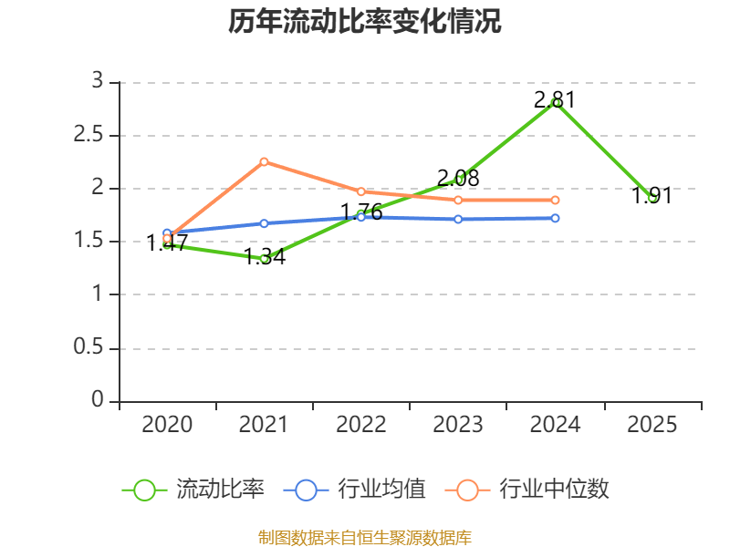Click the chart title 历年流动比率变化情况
click(365, 22)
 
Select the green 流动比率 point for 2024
click(555, 103)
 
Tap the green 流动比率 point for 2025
click(652, 198)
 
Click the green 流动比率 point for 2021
click(264, 259)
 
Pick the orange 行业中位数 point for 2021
click(264, 161)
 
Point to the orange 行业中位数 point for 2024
click(555, 200)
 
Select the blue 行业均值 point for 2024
click(555, 218)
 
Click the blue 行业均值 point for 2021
click(264, 223)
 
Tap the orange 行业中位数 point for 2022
click(360, 191)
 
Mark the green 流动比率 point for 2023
click(458, 180)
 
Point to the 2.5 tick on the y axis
click(91, 136)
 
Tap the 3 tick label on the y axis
click(97, 82)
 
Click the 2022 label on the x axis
click(360, 425)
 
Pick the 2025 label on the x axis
click(652, 425)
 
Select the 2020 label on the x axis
click(167, 425)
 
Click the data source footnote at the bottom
click(365, 537)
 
